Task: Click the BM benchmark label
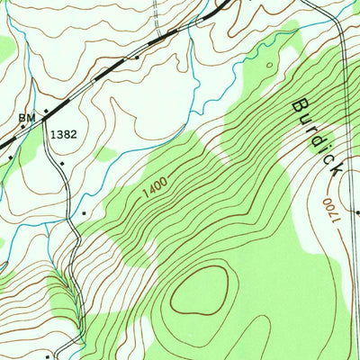pyautogui.click(x=25, y=117)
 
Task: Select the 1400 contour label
pyautogui.click(x=155, y=187)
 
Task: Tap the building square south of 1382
pyautogui.click(x=61, y=164)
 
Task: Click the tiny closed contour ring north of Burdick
pyautogui.click(x=269, y=65)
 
